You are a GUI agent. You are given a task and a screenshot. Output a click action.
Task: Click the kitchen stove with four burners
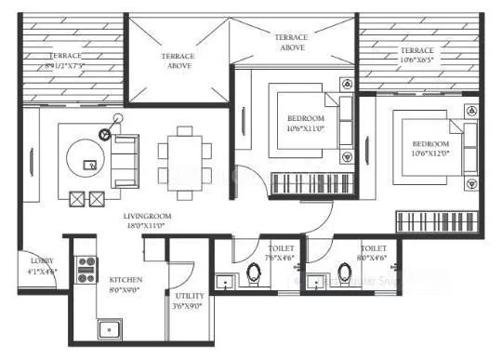coord(86,271)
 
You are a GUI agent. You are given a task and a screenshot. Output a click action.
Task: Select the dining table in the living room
coord(181,161)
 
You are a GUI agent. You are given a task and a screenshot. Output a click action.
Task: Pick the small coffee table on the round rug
coord(90,165)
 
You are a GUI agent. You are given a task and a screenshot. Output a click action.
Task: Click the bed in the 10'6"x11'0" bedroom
coord(304,121)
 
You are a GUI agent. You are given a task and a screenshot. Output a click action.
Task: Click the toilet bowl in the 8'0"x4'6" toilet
coord(346,276)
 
